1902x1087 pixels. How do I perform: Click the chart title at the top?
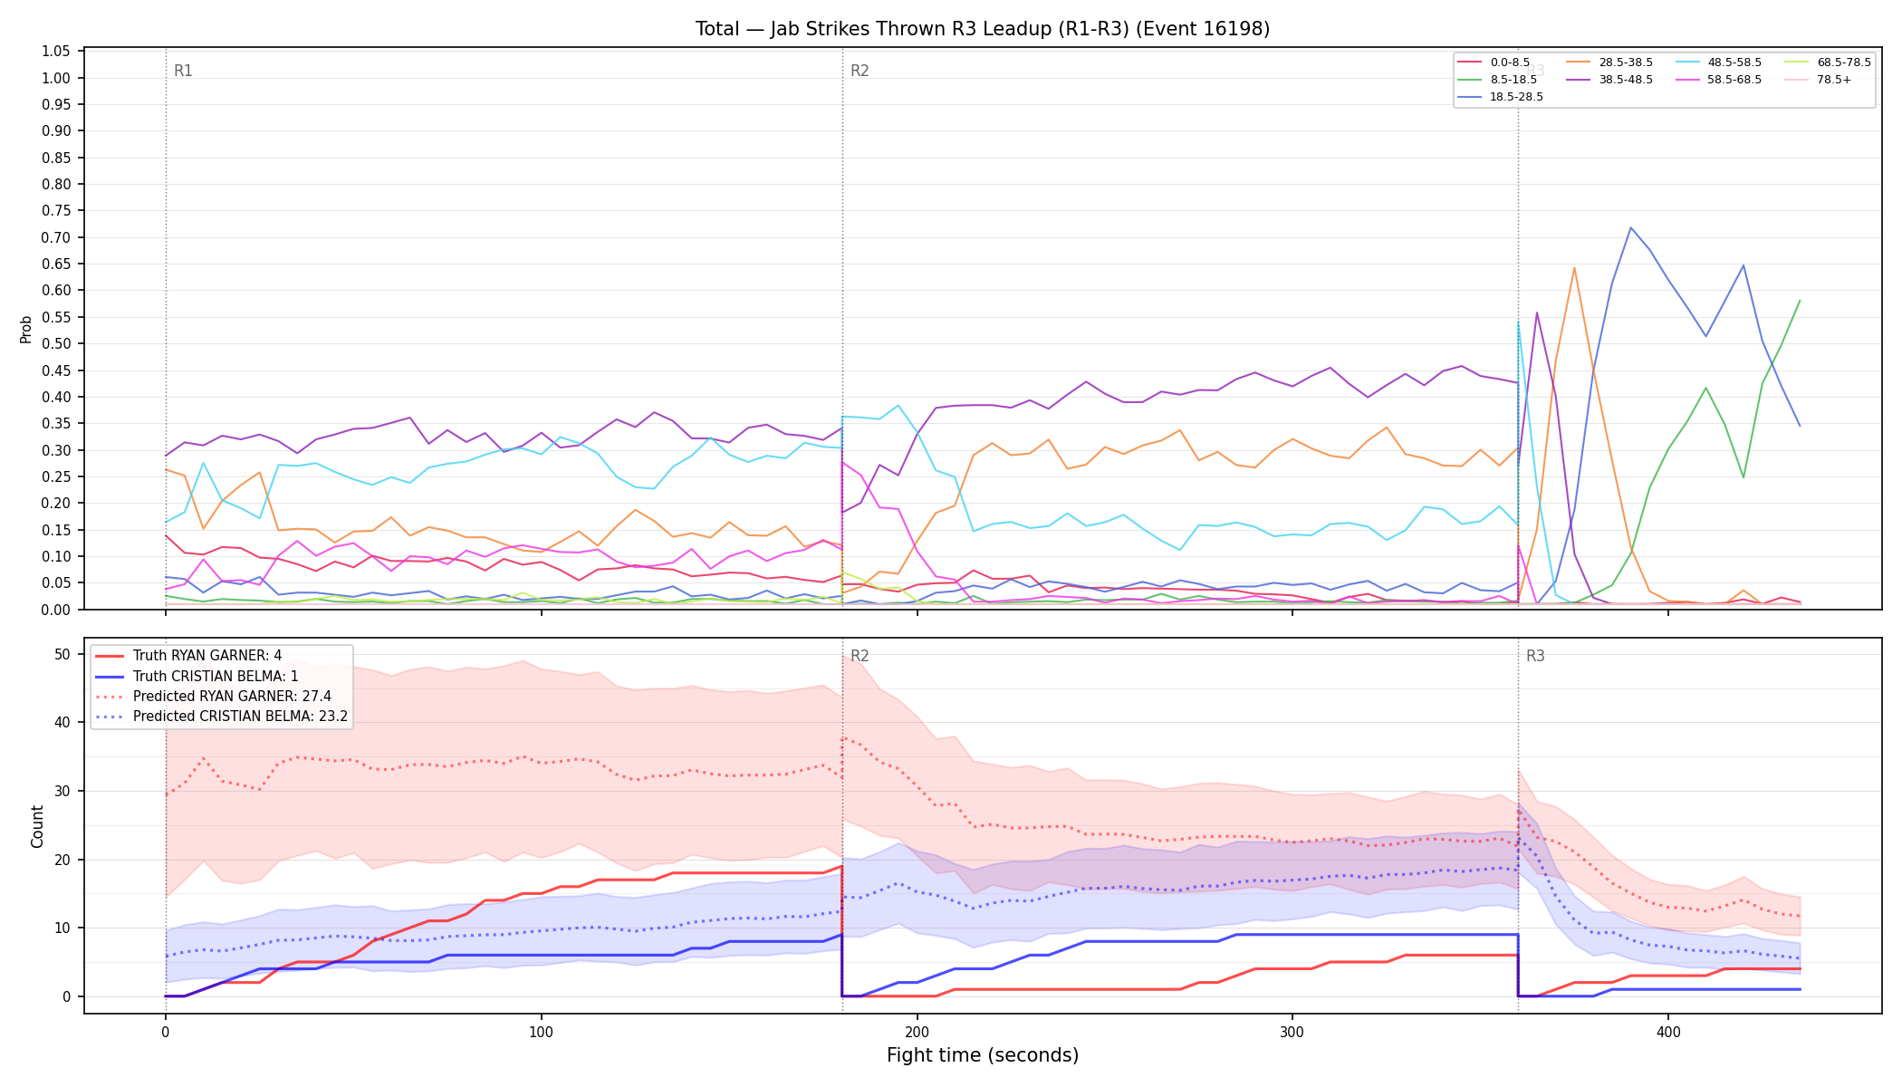pyautogui.click(x=983, y=29)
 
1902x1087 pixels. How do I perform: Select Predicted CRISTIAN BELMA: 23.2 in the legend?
pyautogui.click(x=222, y=717)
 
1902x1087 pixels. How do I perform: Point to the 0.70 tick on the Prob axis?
pyautogui.click(x=56, y=237)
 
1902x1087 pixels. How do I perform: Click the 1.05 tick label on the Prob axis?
pyautogui.click(x=56, y=52)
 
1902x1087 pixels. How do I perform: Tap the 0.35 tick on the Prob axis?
pyautogui.click(x=56, y=423)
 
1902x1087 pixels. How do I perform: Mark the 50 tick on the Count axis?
pyautogui.click(x=62, y=654)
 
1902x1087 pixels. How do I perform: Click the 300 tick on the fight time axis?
pyautogui.click(x=1292, y=1032)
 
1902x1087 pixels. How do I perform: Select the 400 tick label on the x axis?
pyautogui.click(x=1668, y=1032)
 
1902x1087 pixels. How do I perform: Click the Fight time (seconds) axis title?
pyautogui.click(x=983, y=1055)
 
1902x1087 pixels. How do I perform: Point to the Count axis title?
pyautogui.click(x=37, y=826)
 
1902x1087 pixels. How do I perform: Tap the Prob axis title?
pyautogui.click(x=26, y=329)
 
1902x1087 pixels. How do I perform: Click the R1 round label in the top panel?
pyautogui.click(x=183, y=71)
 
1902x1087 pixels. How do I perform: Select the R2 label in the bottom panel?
pyautogui.click(x=860, y=656)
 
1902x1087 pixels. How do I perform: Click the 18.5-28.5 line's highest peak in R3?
pyautogui.click(x=1630, y=227)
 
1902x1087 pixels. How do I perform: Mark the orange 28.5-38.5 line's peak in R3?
pyautogui.click(x=1574, y=267)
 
